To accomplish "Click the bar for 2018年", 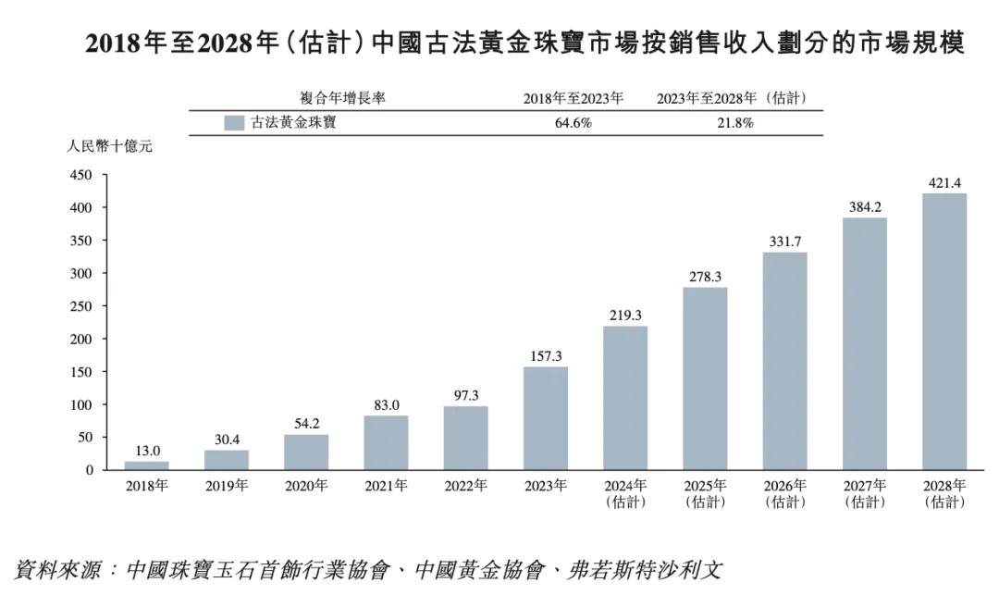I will (x=147, y=465).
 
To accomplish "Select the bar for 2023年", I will (x=545, y=418).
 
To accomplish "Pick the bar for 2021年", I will (x=386, y=442).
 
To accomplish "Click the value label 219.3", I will (x=624, y=315).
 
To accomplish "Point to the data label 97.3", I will (x=465, y=395).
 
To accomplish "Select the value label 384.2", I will (x=864, y=206).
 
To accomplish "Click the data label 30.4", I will (x=227, y=439).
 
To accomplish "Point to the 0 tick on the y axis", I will (x=90, y=470).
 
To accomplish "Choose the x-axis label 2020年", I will (x=306, y=486).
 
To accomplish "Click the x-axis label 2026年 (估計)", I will (x=784, y=493).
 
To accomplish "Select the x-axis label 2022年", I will (x=465, y=486).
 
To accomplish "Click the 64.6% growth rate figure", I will (x=573, y=122).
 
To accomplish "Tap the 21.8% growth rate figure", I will (x=736, y=122).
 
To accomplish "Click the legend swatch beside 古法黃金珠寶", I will (x=234, y=122).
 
